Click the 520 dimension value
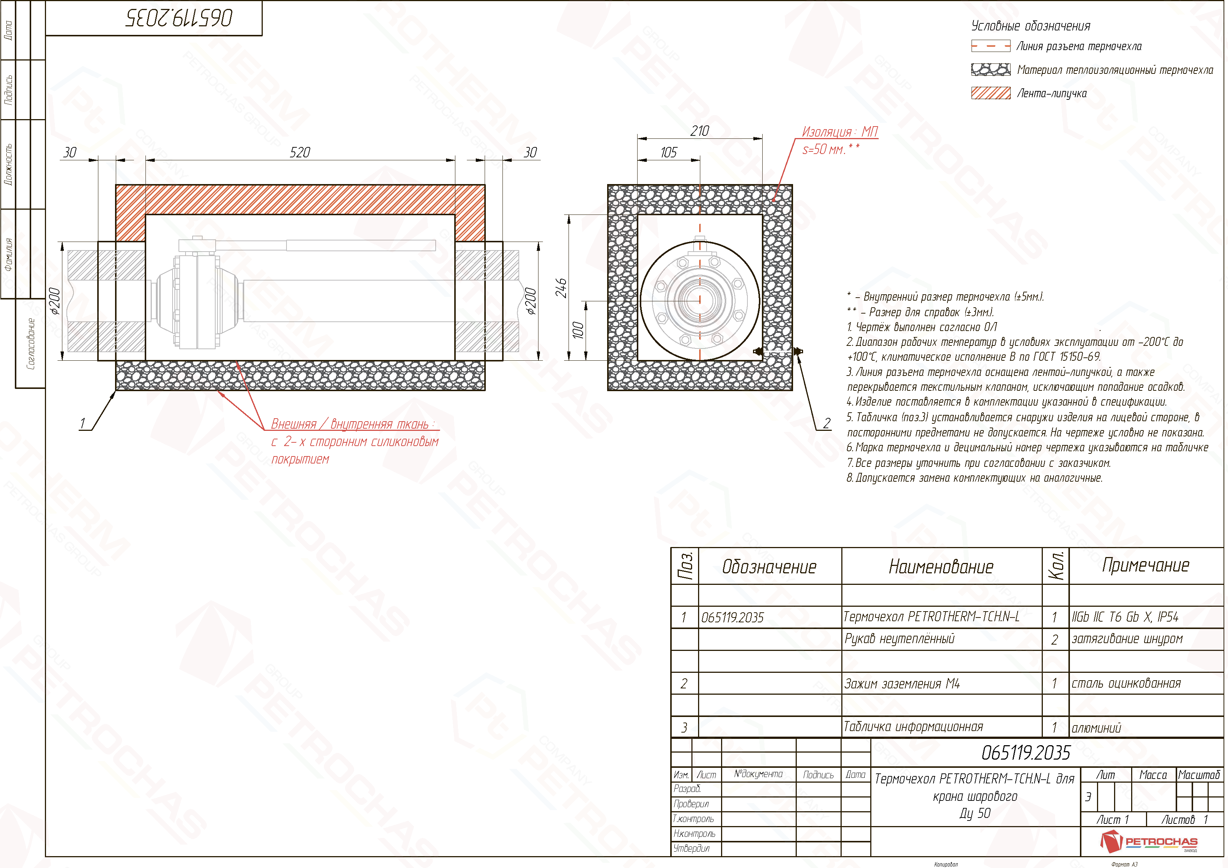301,153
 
